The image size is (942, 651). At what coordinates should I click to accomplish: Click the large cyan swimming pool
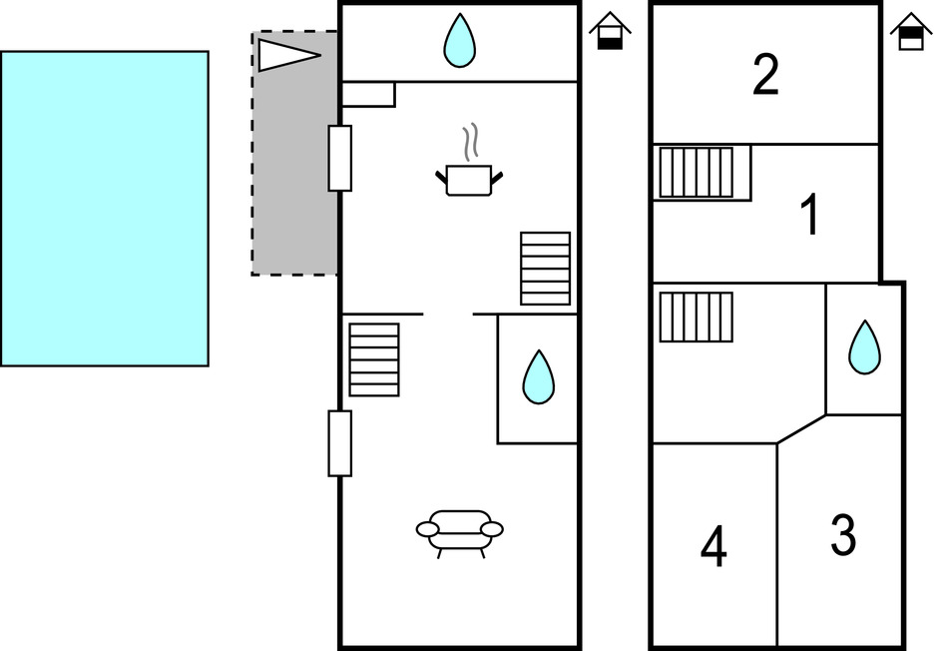pos(104,209)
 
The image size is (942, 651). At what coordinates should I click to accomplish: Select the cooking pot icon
pos(469,180)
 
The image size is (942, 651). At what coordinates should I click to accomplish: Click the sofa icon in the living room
pos(459,530)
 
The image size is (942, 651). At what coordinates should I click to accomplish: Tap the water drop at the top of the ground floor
pos(459,42)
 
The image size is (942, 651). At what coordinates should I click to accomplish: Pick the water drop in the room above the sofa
pos(539,377)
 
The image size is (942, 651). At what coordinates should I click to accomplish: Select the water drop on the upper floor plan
pos(865,347)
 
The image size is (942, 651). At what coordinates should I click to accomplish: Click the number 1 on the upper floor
pos(810,216)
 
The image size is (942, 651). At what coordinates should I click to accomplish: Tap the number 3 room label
pos(843,535)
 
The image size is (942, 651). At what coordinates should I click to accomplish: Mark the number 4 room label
pos(713,546)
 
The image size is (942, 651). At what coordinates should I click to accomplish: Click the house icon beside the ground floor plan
pos(610,31)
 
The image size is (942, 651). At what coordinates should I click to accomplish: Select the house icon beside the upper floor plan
pos(910,31)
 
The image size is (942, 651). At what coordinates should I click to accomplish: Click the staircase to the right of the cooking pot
pos(546,269)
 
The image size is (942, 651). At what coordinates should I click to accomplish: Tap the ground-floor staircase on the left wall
pos(374,359)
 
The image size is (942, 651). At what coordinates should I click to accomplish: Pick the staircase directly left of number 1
pos(697,172)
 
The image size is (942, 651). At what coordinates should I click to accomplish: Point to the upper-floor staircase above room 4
pos(697,317)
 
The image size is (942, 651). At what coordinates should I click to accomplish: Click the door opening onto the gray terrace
pos(340,158)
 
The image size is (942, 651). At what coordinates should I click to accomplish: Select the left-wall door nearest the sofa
pos(340,443)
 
